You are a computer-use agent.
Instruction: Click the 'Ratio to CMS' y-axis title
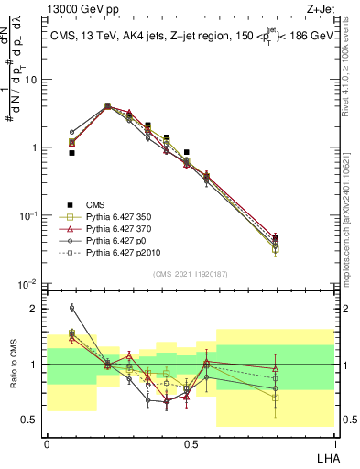coord(16,365)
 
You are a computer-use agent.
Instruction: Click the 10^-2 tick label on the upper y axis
coord(28,284)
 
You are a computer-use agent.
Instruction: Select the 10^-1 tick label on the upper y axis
coord(28,216)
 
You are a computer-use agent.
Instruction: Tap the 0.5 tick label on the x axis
coord(190,442)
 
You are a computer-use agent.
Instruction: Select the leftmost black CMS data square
coord(71,153)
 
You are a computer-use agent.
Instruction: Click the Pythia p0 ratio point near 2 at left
coord(71,308)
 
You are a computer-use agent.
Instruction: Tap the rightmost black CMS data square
coord(276,237)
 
